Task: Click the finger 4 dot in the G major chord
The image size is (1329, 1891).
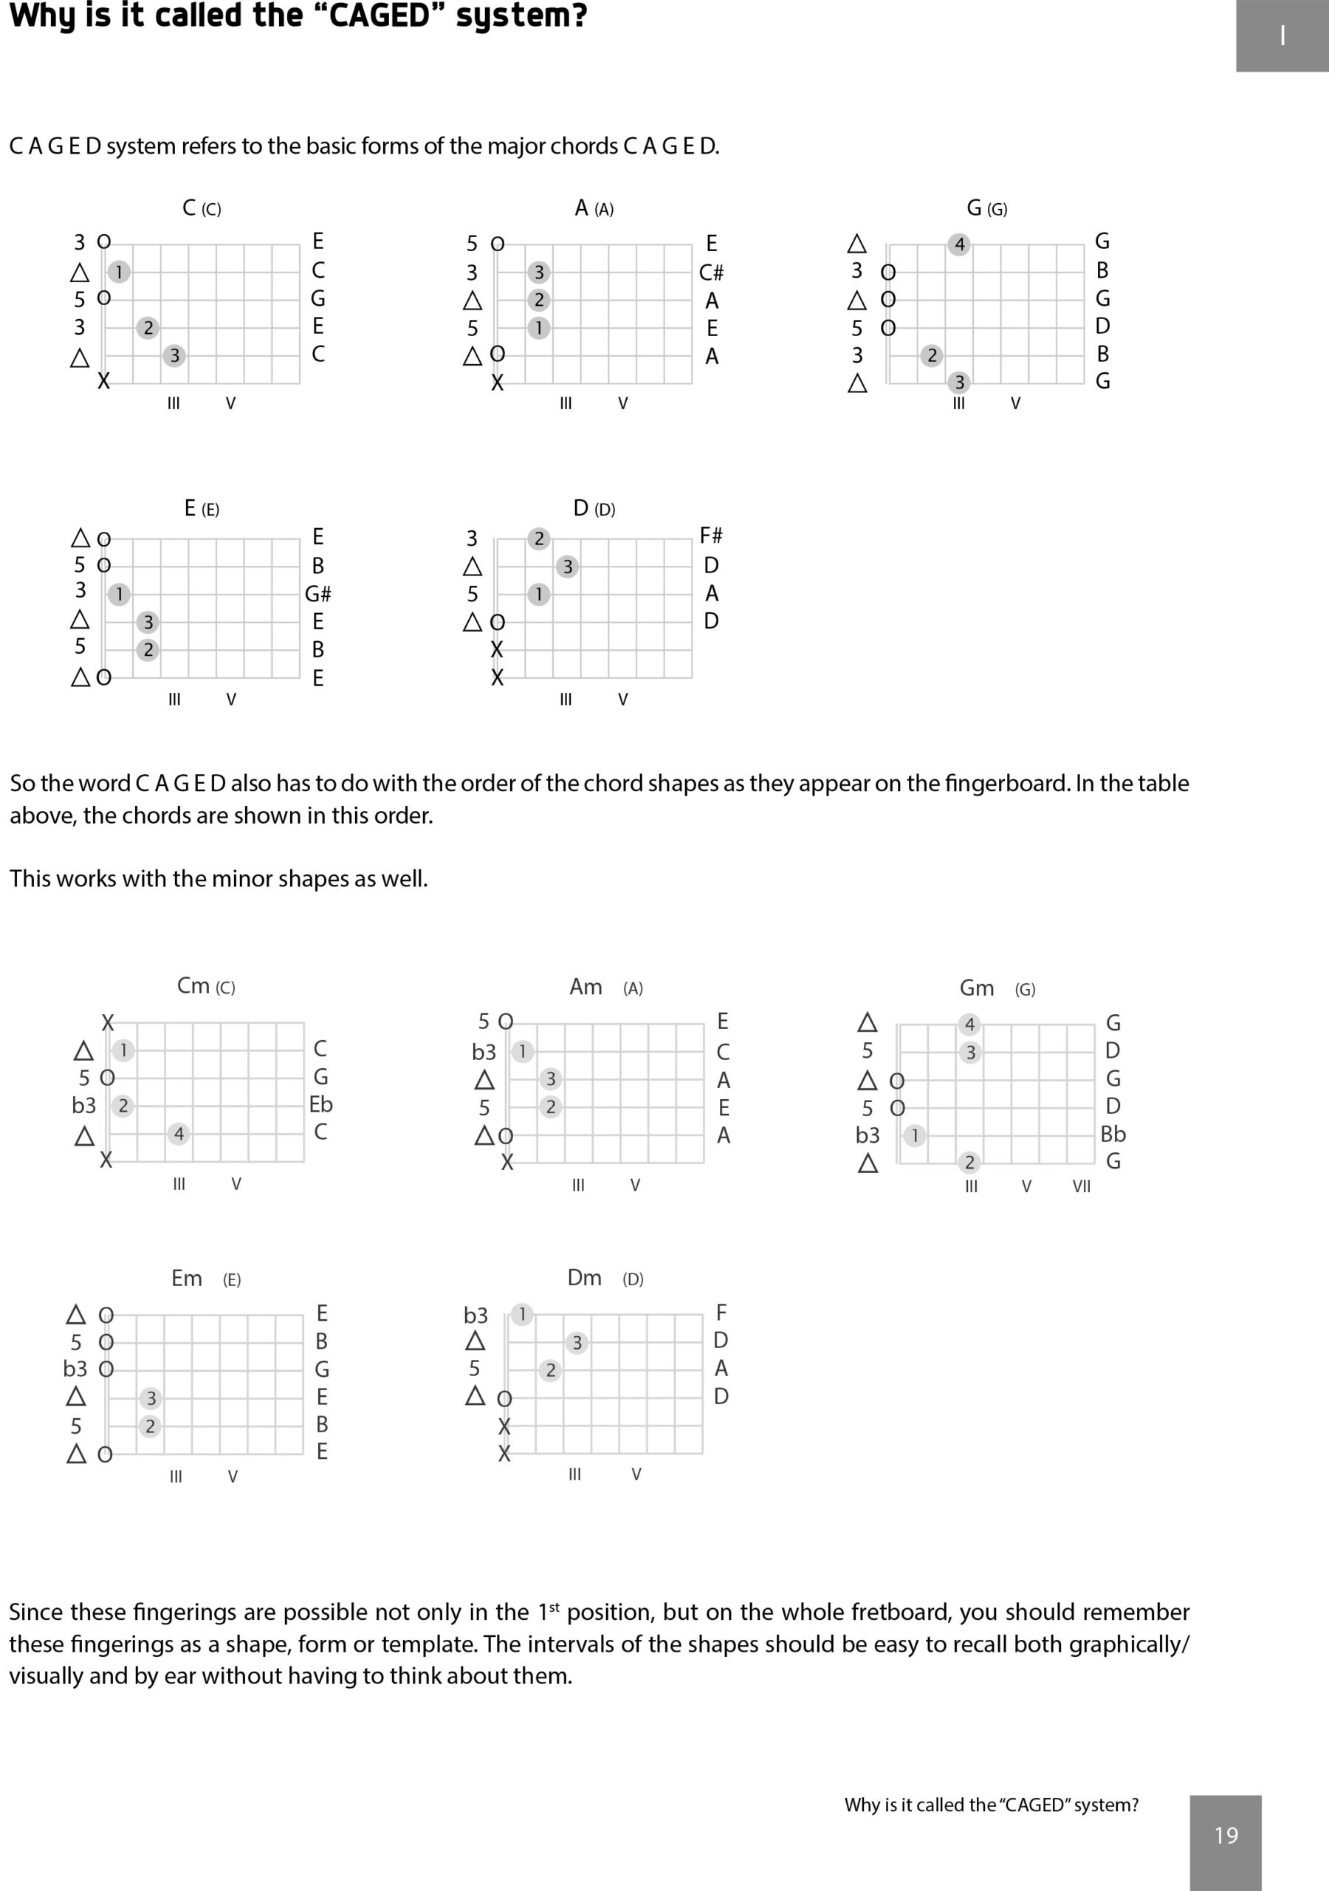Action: point(958,245)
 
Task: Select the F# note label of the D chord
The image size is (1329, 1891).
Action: point(710,536)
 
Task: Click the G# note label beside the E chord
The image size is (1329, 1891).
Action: point(317,594)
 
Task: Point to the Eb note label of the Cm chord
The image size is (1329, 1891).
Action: point(320,1104)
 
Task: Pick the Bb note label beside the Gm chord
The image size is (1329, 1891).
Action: point(1113,1134)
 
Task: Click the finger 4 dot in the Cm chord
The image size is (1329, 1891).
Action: point(179,1134)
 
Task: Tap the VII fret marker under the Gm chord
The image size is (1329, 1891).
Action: point(1081,1186)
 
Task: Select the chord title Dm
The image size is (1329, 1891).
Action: point(585,1277)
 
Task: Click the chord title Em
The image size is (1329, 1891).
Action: point(187,1278)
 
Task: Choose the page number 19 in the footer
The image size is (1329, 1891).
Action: point(1226,1835)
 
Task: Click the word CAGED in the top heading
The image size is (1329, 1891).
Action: point(380,16)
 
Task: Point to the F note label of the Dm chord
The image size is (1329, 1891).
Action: point(721,1312)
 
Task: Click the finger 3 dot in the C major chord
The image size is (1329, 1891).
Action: point(174,356)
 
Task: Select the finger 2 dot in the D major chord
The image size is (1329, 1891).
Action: point(538,538)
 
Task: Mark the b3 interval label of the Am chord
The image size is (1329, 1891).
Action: point(484,1052)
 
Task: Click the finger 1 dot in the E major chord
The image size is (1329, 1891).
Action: point(119,594)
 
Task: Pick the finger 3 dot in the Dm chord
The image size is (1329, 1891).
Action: point(577,1342)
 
